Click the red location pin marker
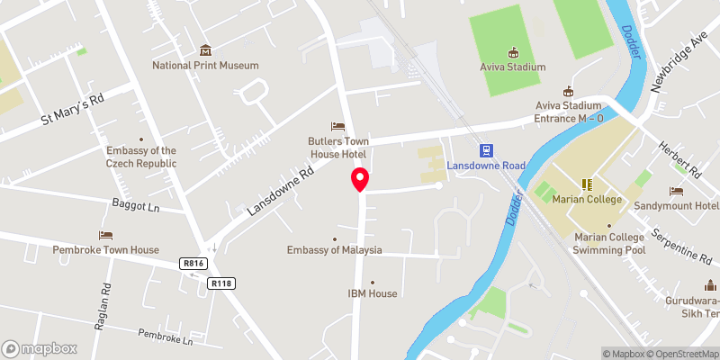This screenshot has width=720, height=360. [360, 179]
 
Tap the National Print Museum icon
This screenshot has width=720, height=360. [205, 49]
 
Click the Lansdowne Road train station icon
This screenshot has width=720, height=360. [486, 150]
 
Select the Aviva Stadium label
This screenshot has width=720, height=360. [513, 67]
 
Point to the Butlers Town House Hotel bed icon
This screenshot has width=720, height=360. [337, 125]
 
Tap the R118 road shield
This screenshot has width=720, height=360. [221, 283]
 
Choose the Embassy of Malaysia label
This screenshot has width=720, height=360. [335, 250]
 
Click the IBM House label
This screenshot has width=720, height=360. [373, 293]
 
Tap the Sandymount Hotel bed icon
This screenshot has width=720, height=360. [676, 191]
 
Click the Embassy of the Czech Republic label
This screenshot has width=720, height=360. [141, 157]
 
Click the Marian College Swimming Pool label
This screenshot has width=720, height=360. [609, 244]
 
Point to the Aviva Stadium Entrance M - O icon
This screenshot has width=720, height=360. [568, 91]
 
